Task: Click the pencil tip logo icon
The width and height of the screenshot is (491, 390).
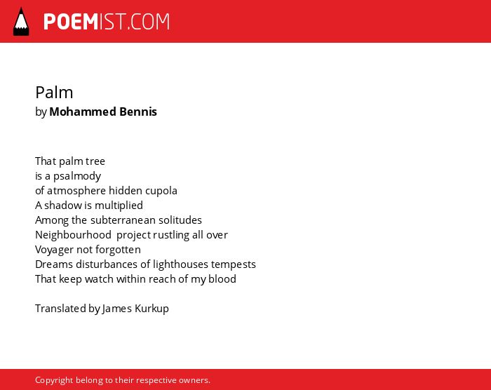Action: click(21, 21)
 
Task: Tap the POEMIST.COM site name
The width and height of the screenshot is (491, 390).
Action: click(107, 22)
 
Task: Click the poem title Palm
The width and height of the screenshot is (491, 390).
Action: click(54, 93)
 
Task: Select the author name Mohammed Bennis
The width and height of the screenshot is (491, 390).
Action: click(103, 112)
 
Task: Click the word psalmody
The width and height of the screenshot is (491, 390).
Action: click(77, 176)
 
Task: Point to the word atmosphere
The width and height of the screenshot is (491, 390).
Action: click(76, 191)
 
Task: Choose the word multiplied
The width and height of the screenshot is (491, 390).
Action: click(119, 206)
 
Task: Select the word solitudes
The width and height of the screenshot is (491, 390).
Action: click(180, 220)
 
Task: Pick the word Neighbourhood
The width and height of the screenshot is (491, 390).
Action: click(73, 235)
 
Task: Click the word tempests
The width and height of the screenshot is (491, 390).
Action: click(234, 264)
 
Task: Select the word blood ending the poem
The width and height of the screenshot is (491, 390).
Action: click(222, 278)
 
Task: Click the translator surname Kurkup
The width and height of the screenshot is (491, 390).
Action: click(152, 309)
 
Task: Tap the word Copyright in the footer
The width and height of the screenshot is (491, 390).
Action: click(54, 380)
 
